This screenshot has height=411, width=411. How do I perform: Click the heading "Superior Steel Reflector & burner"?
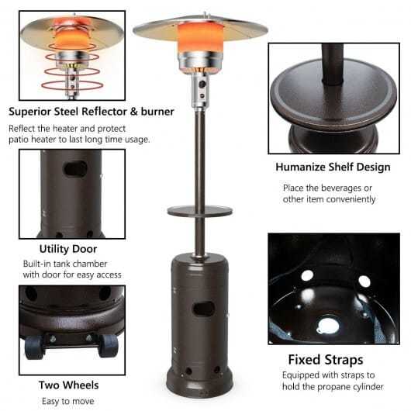(x=92, y=112)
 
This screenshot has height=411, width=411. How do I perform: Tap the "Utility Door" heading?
(x=68, y=249)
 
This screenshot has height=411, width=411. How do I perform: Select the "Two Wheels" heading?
(x=69, y=385)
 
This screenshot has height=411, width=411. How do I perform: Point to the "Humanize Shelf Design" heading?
(x=333, y=168)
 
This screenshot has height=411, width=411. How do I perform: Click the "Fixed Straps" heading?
(x=326, y=360)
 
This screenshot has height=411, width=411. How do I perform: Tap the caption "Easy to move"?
(x=68, y=401)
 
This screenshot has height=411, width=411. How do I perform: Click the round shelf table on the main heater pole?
(x=200, y=211)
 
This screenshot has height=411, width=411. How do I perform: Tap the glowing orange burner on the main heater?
(x=201, y=37)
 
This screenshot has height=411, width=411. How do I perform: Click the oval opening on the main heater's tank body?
(x=204, y=309)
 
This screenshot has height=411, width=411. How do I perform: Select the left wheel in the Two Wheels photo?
(x=34, y=347)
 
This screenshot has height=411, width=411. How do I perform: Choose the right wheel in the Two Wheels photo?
(x=109, y=346)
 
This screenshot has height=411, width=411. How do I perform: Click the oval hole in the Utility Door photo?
(x=76, y=169)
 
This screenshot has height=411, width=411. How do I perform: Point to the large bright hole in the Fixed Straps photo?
(x=328, y=326)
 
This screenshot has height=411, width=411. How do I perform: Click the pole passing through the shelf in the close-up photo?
(x=333, y=65)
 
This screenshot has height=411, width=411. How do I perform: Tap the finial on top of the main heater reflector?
(x=205, y=15)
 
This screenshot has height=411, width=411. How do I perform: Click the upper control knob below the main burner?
(x=202, y=84)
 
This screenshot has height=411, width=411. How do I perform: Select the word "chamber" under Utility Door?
(x=91, y=264)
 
